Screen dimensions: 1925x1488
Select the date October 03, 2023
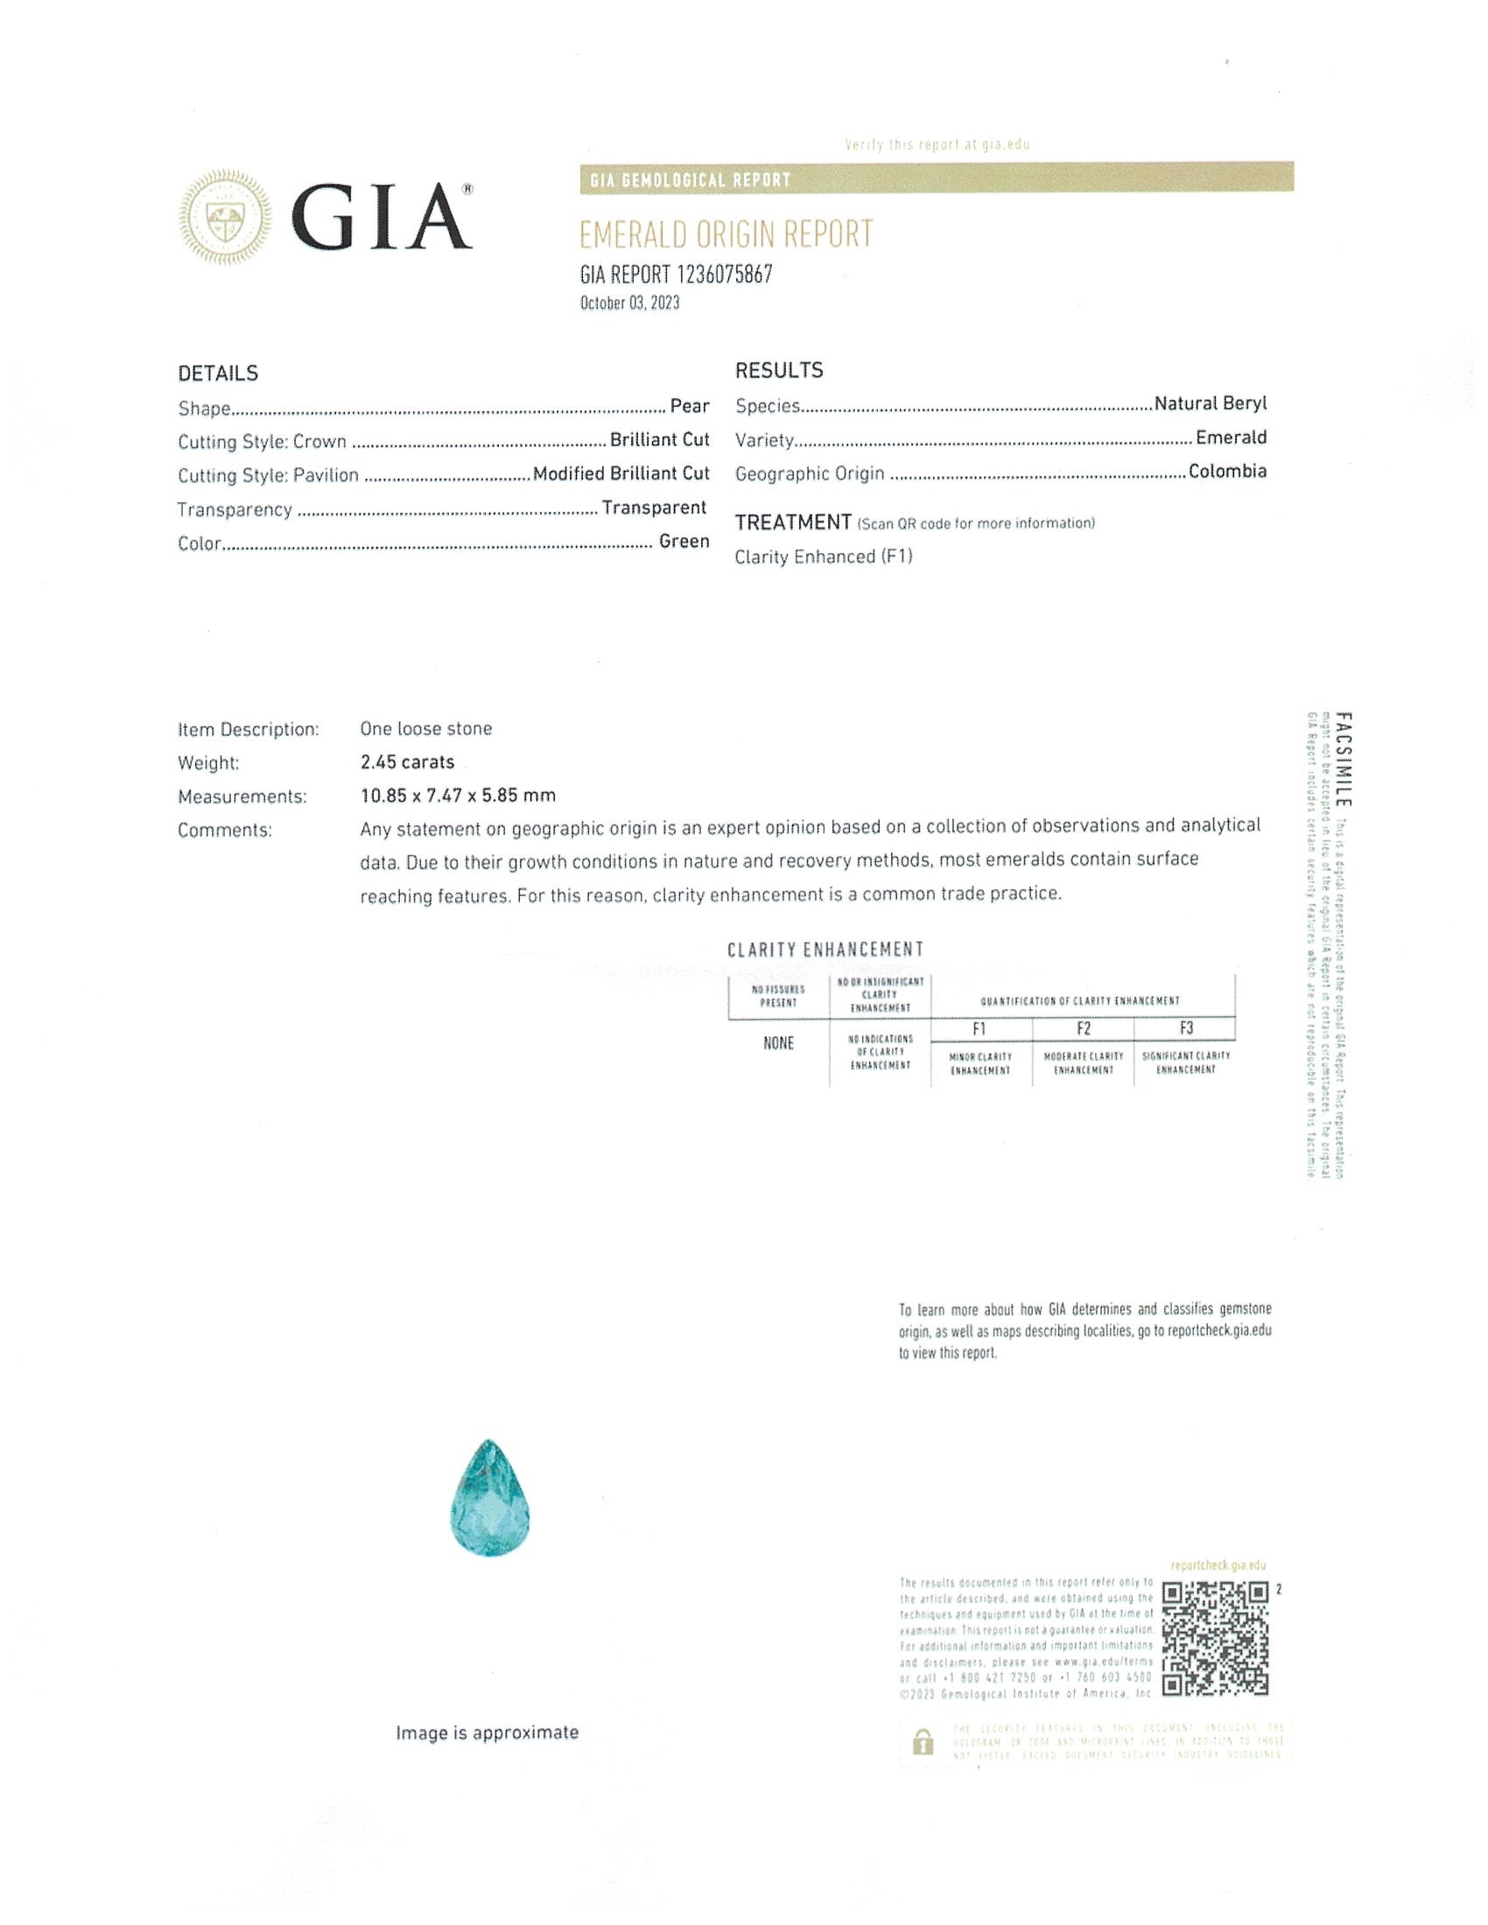pos(629,304)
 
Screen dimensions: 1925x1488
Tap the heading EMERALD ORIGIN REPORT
pos(726,234)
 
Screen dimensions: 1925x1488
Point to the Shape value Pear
pos(690,406)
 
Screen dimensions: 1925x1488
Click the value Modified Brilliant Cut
pos(621,474)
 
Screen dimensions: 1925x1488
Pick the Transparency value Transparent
pos(654,507)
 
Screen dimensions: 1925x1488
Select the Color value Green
pos(684,541)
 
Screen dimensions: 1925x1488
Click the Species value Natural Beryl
pos(1210,403)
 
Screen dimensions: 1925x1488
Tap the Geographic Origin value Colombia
pos(1227,472)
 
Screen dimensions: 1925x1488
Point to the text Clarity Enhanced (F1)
pos(824,556)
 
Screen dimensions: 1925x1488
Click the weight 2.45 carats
pos(407,761)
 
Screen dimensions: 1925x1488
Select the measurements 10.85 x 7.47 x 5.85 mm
pos(458,795)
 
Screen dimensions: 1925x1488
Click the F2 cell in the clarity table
pos(1084,1029)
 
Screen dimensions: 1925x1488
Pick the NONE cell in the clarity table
pos(778,1044)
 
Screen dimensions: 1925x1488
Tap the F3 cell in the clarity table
pos(1186,1029)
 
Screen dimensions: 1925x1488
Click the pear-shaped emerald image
pos(488,1497)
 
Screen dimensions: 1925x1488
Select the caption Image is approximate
pos(487,1732)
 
